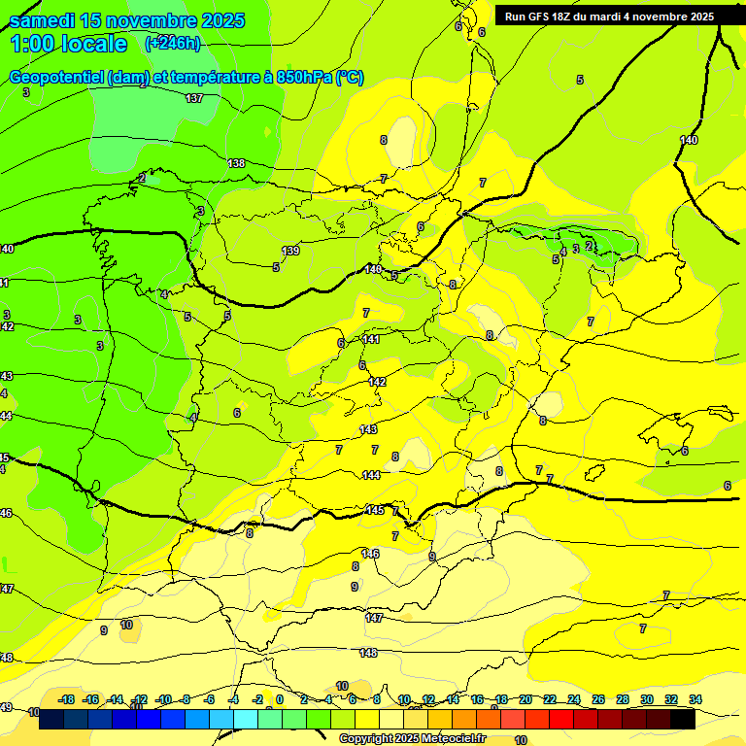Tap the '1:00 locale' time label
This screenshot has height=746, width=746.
pyautogui.click(x=68, y=44)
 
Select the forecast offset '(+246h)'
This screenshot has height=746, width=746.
pyautogui.click(x=172, y=43)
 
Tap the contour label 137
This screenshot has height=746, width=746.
pyautogui.click(x=194, y=98)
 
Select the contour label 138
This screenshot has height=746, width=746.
pyautogui.click(x=236, y=163)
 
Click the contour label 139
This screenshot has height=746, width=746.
pyautogui.click(x=290, y=251)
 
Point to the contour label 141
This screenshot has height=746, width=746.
pyautogui.click(x=371, y=339)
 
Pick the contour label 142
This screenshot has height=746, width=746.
pyautogui.click(x=377, y=382)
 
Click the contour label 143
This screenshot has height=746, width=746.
pyautogui.click(x=368, y=429)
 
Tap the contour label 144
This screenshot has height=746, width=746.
pyautogui.click(x=371, y=474)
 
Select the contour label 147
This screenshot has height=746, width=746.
pyautogui.click(x=374, y=618)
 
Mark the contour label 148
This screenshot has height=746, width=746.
pyautogui.click(x=368, y=653)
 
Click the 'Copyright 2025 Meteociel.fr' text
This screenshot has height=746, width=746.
pyautogui.click(x=412, y=738)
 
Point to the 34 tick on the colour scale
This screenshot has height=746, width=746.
pyautogui.click(x=695, y=699)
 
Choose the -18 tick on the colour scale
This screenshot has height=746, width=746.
pyautogui.click(x=67, y=699)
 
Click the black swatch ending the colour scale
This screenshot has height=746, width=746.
pyautogui.click(x=682, y=720)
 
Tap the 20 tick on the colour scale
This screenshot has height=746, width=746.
pyautogui.click(x=526, y=699)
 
